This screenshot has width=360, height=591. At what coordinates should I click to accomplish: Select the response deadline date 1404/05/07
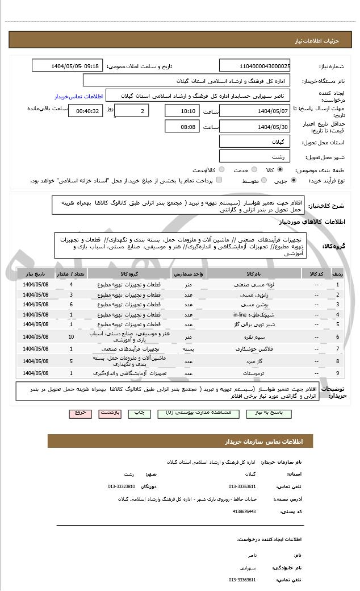pyautogui.click(x=255, y=111)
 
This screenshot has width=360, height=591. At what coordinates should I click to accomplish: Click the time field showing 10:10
pyautogui.click(x=182, y=111)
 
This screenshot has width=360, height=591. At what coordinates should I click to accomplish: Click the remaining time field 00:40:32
pyautogui.click(x=85, y=111)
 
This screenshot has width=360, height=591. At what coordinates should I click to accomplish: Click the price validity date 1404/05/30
pyautogui.click(x=255, y=126)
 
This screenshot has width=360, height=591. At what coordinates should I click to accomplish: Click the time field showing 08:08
pyautogui.click(x=182, y=126)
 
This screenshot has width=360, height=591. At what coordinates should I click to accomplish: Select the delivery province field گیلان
pyautogui.click(x=255, y=141)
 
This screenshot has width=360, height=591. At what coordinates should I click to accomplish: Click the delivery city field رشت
pyautogui.click(x=255, y=156)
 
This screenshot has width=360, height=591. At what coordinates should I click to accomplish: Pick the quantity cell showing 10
pyautogui.click(x=71, y=337)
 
